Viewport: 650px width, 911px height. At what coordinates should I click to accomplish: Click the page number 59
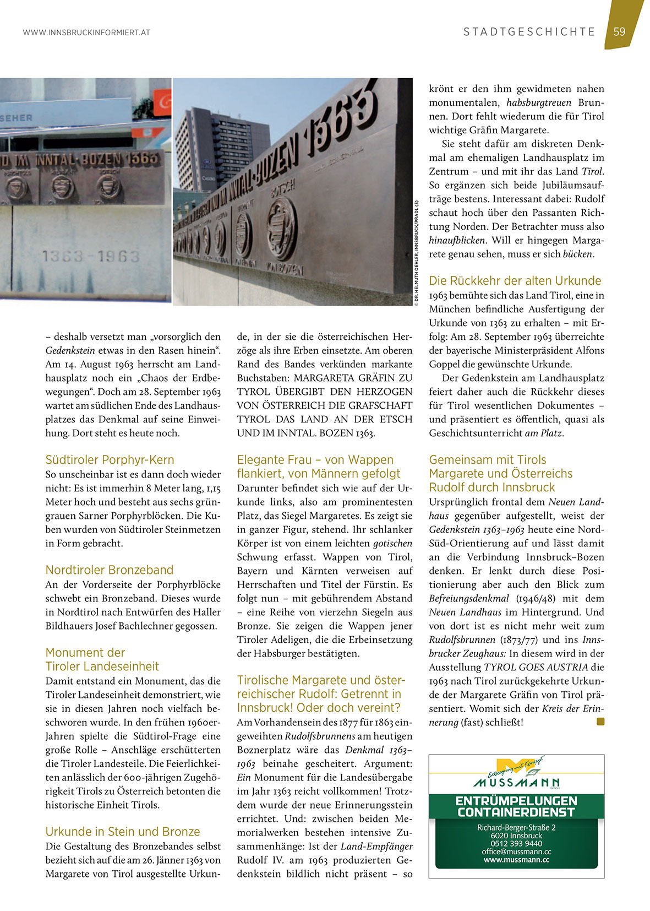point(620,32)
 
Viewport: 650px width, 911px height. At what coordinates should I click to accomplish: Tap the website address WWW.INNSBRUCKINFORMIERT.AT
point(86,32)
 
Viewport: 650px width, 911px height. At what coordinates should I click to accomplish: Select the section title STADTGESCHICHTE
point(529,32)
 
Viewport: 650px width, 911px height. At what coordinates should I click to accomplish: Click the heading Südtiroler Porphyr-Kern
point(110,460)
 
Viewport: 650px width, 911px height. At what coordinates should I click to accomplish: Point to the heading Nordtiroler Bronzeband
point(109,570)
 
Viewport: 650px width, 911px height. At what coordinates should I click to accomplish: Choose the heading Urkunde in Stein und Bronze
point(122,832)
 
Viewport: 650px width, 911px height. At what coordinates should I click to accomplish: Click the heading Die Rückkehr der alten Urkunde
point(515,281)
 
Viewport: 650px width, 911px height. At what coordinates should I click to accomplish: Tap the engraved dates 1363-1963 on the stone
point(91,256)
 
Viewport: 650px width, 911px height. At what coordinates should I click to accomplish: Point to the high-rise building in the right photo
point(220,149)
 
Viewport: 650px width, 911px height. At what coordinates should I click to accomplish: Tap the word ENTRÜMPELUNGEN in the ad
point(516,801)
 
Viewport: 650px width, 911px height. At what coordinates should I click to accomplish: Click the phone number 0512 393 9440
point(516,843)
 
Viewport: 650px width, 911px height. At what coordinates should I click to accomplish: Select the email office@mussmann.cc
point(516,852)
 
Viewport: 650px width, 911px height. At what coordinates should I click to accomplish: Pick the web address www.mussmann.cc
point(516,860)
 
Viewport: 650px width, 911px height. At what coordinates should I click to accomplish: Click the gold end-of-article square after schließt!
point(600,722)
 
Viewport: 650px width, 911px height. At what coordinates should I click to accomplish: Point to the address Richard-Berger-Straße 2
point(516,827)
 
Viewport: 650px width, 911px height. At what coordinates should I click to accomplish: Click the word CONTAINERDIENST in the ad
point(516,812)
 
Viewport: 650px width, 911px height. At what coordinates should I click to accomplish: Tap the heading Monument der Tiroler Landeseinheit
point(102,660)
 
